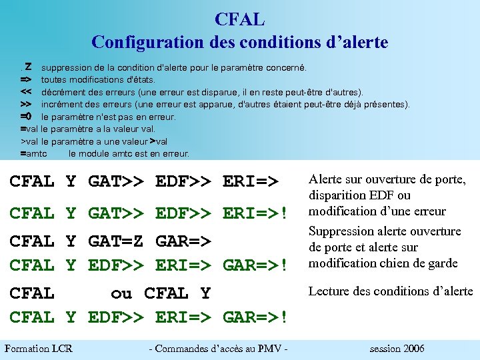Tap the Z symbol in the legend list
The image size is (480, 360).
[x=28, y=67]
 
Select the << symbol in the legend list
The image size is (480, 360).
[x=26, y=91]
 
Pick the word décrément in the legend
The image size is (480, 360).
[x=64, y=91]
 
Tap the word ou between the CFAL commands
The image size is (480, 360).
[x=121, y=293]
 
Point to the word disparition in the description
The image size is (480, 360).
[x=337, y=195]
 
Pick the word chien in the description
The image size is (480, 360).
[x=393, y=263]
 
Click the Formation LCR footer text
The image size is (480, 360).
[x=39, y=349]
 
